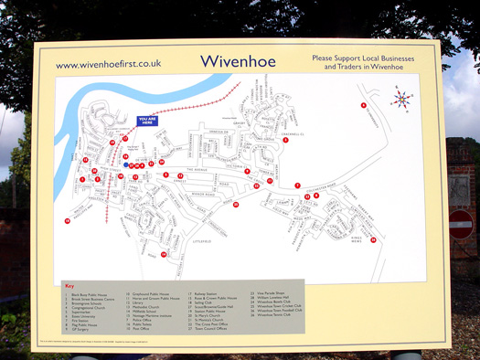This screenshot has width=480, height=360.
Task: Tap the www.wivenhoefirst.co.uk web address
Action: click(108, 65)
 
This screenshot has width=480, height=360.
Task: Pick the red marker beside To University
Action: click(363, 105)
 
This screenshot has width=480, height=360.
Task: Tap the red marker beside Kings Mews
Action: click(372, 239)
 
